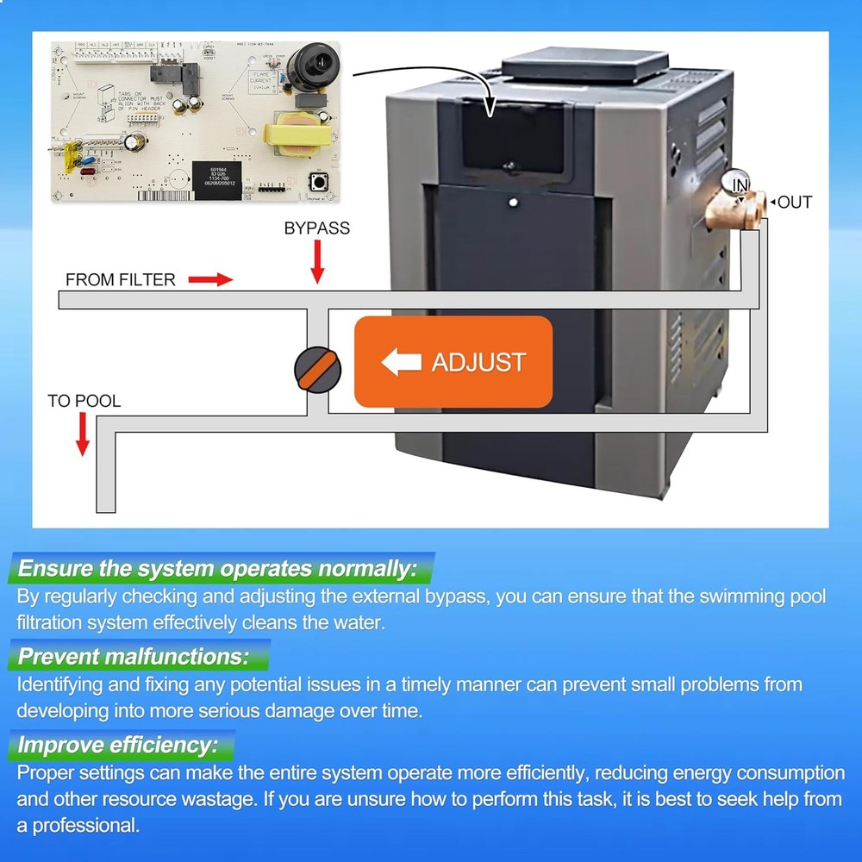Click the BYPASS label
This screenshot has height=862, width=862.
tap(317, 228)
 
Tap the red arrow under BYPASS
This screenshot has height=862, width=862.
tap(317, 262)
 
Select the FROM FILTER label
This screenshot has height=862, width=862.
tap(121, 280)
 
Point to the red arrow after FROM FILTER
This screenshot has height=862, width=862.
tap(211, 279)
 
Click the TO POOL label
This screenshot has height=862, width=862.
tap(84, 401)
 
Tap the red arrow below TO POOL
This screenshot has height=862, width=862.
tap(83, 434)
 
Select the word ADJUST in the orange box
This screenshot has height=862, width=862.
tap(478, 362)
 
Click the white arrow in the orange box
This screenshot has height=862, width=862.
tap(401, 362)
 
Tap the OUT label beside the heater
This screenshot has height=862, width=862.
tap(794, 203)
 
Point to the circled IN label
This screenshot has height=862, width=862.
tap(740, 184)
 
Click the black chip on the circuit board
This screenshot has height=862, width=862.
tap(215, 179)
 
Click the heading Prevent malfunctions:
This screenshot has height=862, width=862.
tap(134, 657)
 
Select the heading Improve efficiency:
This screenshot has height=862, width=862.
tap(117, 745)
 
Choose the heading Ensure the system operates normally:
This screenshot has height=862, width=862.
tap(217, 569)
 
